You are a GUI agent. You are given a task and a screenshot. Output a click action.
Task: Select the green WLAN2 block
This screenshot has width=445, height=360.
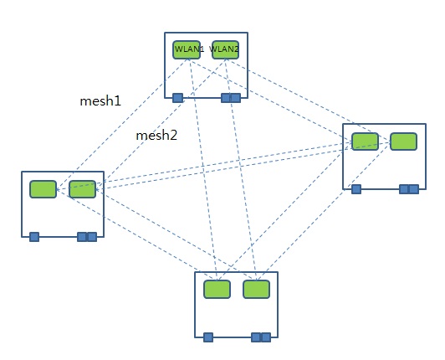225,49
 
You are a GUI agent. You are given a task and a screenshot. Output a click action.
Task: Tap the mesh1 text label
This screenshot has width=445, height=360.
100,101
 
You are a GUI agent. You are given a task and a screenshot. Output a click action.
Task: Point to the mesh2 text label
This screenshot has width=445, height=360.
156,135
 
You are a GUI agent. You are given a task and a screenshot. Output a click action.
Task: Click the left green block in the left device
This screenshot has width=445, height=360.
43,189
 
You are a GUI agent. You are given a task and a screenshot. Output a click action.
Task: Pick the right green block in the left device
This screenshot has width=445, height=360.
82,189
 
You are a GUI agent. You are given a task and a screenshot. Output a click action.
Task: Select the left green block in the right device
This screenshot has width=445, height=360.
365,141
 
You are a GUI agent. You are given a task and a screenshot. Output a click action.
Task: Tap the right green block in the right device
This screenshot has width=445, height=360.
403,141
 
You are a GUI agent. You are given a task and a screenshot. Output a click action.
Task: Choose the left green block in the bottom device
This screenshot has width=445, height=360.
217,290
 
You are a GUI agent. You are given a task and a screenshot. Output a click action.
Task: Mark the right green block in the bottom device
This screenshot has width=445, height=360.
256,290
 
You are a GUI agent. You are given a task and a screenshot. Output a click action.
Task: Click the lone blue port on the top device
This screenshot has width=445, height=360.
178,98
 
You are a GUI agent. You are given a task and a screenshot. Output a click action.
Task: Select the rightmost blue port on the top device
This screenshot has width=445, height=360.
236,98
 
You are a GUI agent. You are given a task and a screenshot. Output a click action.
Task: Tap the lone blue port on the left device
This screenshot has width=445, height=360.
34,237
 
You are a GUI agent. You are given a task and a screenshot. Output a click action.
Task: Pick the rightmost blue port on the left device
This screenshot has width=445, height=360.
92,237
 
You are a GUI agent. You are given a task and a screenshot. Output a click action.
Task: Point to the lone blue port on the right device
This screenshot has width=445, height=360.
356,189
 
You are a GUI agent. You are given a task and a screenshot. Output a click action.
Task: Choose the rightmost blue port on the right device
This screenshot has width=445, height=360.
414,189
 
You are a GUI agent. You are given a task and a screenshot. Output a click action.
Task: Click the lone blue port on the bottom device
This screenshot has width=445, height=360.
208,337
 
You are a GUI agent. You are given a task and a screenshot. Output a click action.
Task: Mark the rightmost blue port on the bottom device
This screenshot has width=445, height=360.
266,337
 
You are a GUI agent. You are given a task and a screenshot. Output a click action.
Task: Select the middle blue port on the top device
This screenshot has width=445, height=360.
227,98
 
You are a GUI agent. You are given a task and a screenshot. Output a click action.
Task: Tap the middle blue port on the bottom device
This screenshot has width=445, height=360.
257,337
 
